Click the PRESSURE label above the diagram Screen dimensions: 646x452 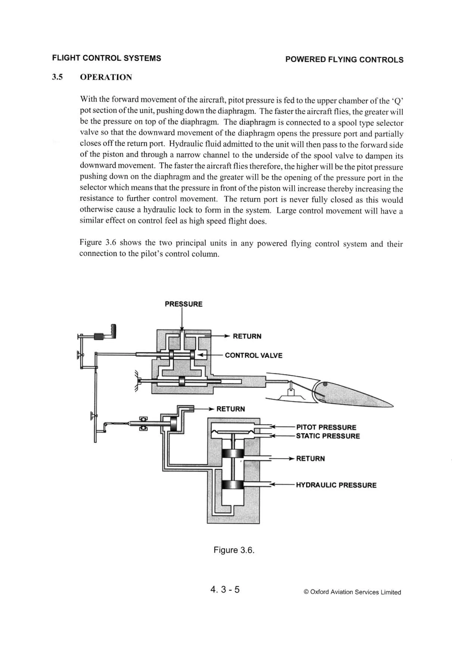coord(183,304)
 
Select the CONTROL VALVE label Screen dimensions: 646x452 coord(253,355)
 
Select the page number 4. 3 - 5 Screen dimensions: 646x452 coord(225,589)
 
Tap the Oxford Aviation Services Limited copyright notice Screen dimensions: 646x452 coord(352,592)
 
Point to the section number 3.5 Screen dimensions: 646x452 coord(57,77)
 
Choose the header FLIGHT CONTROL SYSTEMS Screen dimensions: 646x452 coord(106,58)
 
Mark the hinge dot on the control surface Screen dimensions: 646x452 coord(325,384)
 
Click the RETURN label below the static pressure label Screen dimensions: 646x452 coord(310,459)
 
